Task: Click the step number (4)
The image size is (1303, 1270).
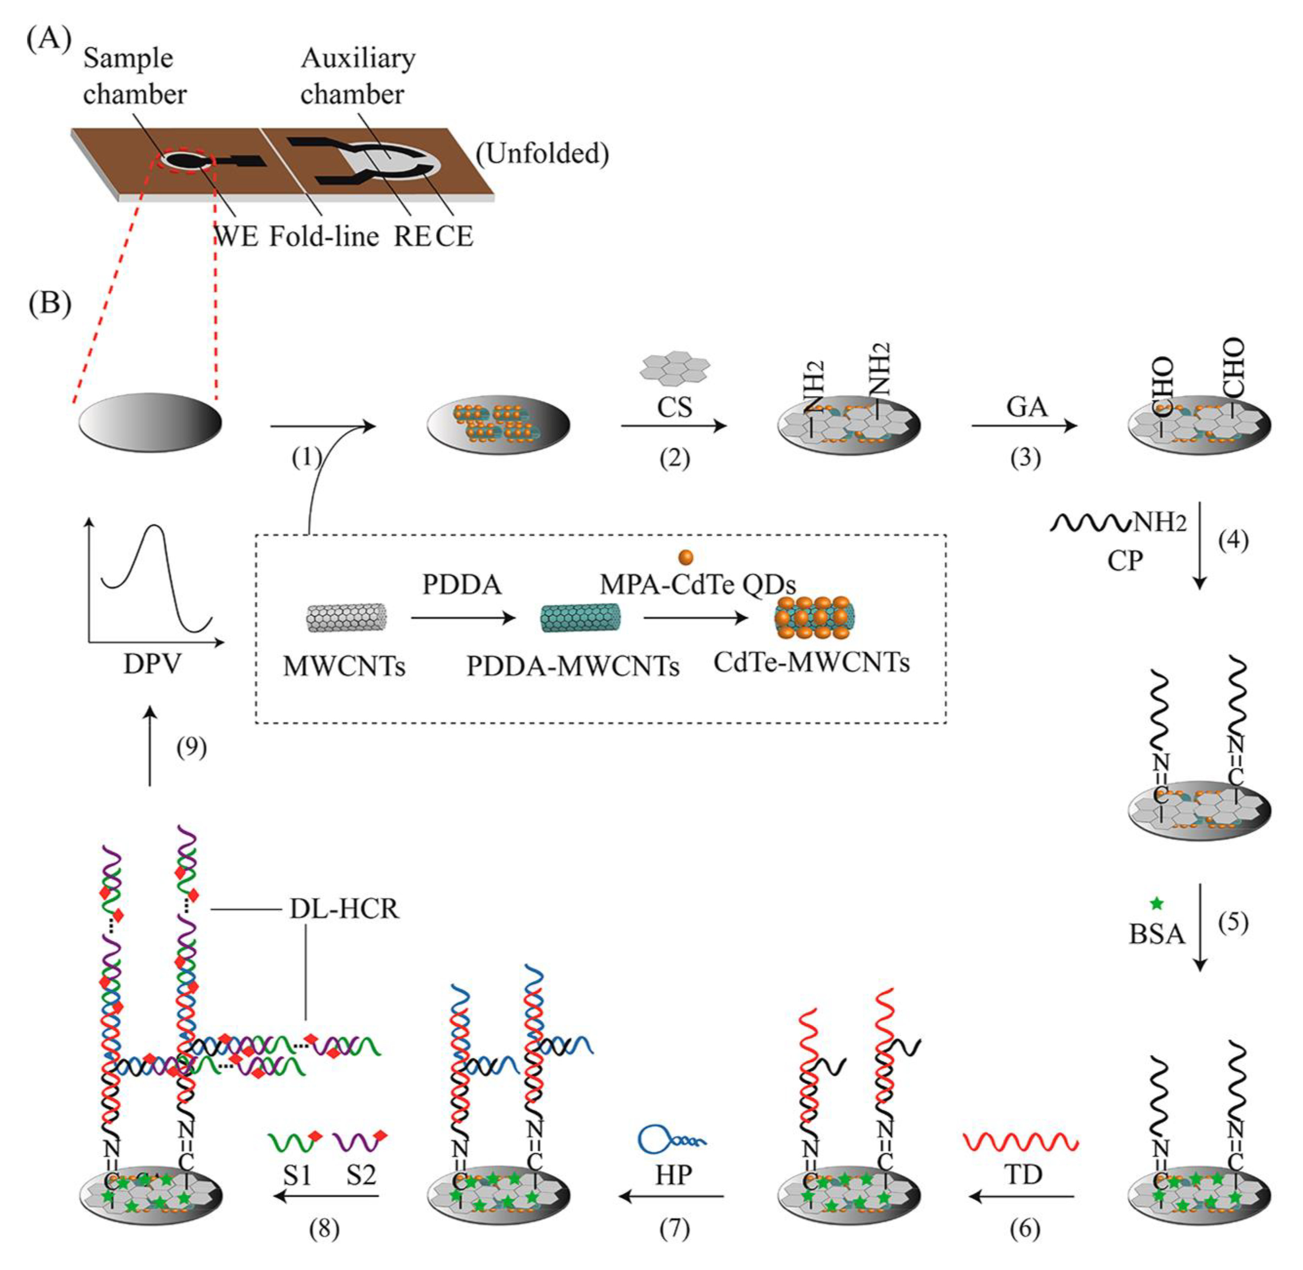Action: (1233, 540)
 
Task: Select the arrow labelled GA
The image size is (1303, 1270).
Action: (1024, 425)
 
